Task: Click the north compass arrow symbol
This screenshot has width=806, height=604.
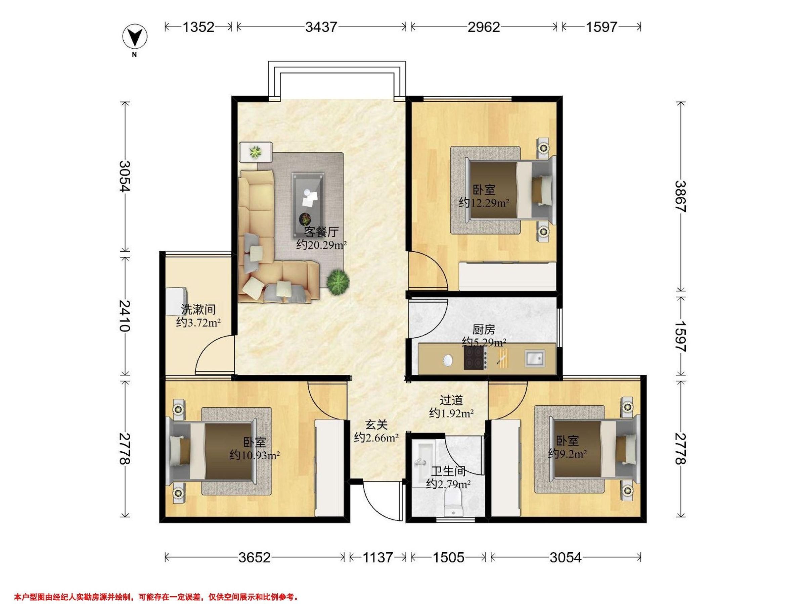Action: coord(135,37)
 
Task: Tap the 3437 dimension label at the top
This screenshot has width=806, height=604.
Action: coord(321,27)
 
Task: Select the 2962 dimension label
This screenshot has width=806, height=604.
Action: coord(484,27)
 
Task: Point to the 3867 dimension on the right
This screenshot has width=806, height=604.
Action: coord(680,196)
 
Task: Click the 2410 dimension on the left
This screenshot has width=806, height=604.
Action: coord(125,315)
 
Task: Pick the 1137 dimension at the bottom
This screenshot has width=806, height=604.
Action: coord(377,557)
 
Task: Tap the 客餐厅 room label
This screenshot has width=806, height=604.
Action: coord(321,232)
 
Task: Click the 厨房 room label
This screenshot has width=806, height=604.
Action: coord(484,330)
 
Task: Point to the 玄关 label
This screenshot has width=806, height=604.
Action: coord(376,424)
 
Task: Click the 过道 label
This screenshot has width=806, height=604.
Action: coord(451,400)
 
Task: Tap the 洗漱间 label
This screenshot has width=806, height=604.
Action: coord(198,309)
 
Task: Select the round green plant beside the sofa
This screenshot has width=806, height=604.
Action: coord(338,281)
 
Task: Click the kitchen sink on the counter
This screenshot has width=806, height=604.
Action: coord(535,357)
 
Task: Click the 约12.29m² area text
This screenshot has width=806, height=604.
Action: coord(484,203)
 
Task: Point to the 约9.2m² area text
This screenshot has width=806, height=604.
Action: coord(567,454)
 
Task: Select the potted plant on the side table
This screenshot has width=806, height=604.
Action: coord(256,151)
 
